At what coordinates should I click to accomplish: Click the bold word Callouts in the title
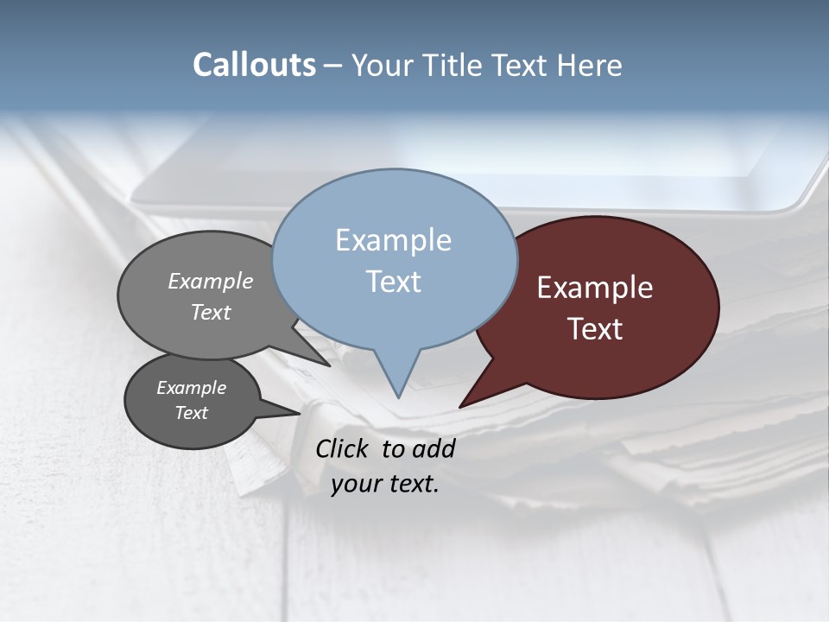coord(254,65)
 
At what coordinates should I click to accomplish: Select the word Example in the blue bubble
coord(393,240)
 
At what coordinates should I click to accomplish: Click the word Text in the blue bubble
coord(393,282)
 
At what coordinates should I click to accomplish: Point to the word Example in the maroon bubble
coord(595,288)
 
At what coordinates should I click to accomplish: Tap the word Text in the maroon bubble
coord(595,329)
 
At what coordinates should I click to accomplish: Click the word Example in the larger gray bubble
coord(211,281)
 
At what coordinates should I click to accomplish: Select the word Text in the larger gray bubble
coord(211,312)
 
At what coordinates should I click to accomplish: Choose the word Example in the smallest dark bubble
coord(191,388)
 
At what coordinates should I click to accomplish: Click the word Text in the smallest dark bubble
coord(191,413)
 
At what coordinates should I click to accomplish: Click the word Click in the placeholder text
coord(345,448)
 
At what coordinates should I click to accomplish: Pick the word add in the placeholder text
coord(433,448)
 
